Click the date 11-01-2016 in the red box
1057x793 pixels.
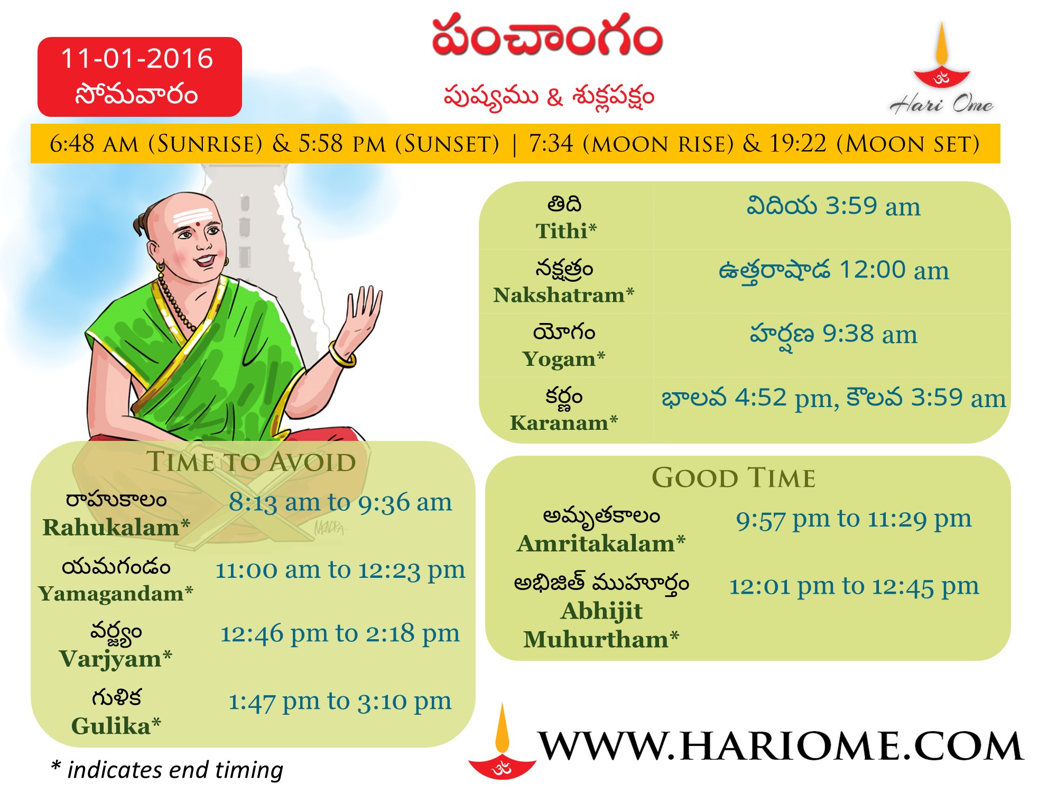(x=137, y=58)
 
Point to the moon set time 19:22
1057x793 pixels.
(x=798, y=143)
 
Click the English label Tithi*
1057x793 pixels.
(x=566, y=231)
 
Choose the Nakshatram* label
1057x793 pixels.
(x=563, y=294)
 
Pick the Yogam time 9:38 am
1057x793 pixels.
(x=870, y=334)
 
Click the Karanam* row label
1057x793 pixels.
(x=563, y=422)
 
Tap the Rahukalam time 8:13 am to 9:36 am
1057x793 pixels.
(x=340, y=502)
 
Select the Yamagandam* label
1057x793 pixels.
(x=115, y=593)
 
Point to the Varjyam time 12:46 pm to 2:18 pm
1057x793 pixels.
(x=340, y=633)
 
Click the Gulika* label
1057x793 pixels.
(x=116, y=726)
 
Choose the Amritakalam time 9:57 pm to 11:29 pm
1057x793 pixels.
(x=854, y=519)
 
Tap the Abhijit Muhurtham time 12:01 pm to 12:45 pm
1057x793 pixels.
(x=854, y=586)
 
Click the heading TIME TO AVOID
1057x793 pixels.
(x=251, y=462)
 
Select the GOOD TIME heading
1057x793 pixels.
(x=734, y=478)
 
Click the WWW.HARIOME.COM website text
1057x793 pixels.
(x=781, y=746)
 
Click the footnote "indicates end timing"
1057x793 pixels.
(x=175, y=770)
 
